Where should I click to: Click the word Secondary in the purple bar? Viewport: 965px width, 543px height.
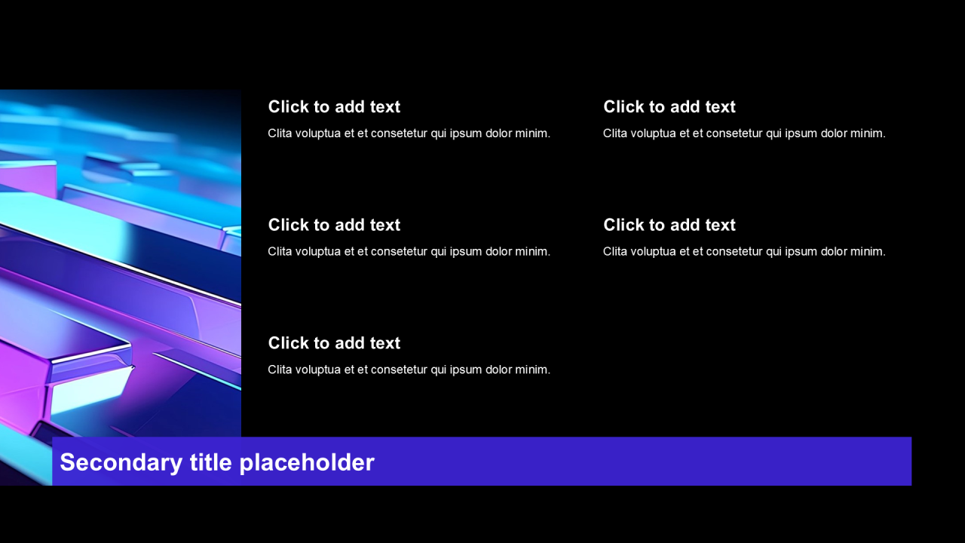[x=121, y=463]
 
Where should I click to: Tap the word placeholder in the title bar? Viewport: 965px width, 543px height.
[x=307, y=463]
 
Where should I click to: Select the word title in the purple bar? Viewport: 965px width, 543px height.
[x=210, y=462]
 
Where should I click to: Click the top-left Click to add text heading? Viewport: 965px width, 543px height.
[x=334, y=107]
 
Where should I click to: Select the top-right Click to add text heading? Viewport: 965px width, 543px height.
[x=669, y=107]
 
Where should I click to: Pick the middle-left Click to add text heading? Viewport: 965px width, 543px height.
[x=334, y=225]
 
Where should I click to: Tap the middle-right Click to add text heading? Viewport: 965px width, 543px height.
[x=669, y=225]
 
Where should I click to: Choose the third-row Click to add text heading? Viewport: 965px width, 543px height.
[x=334, y=343]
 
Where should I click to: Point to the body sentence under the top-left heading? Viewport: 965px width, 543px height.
[x=409, y=133]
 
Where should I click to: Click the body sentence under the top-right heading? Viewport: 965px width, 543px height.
[x=744, y=133]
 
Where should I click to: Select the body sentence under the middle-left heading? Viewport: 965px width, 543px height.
[x=409, y=252]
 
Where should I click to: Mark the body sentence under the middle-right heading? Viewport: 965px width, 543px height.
[x=744, y=252]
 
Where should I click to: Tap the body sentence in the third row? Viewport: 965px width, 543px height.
[x=409, y=370]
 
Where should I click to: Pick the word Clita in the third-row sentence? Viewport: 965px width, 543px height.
[x=280, y=370]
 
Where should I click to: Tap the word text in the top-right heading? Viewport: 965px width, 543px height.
[x=720, y=107]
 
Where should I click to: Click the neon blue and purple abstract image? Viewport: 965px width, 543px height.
[x=121, y=263]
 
